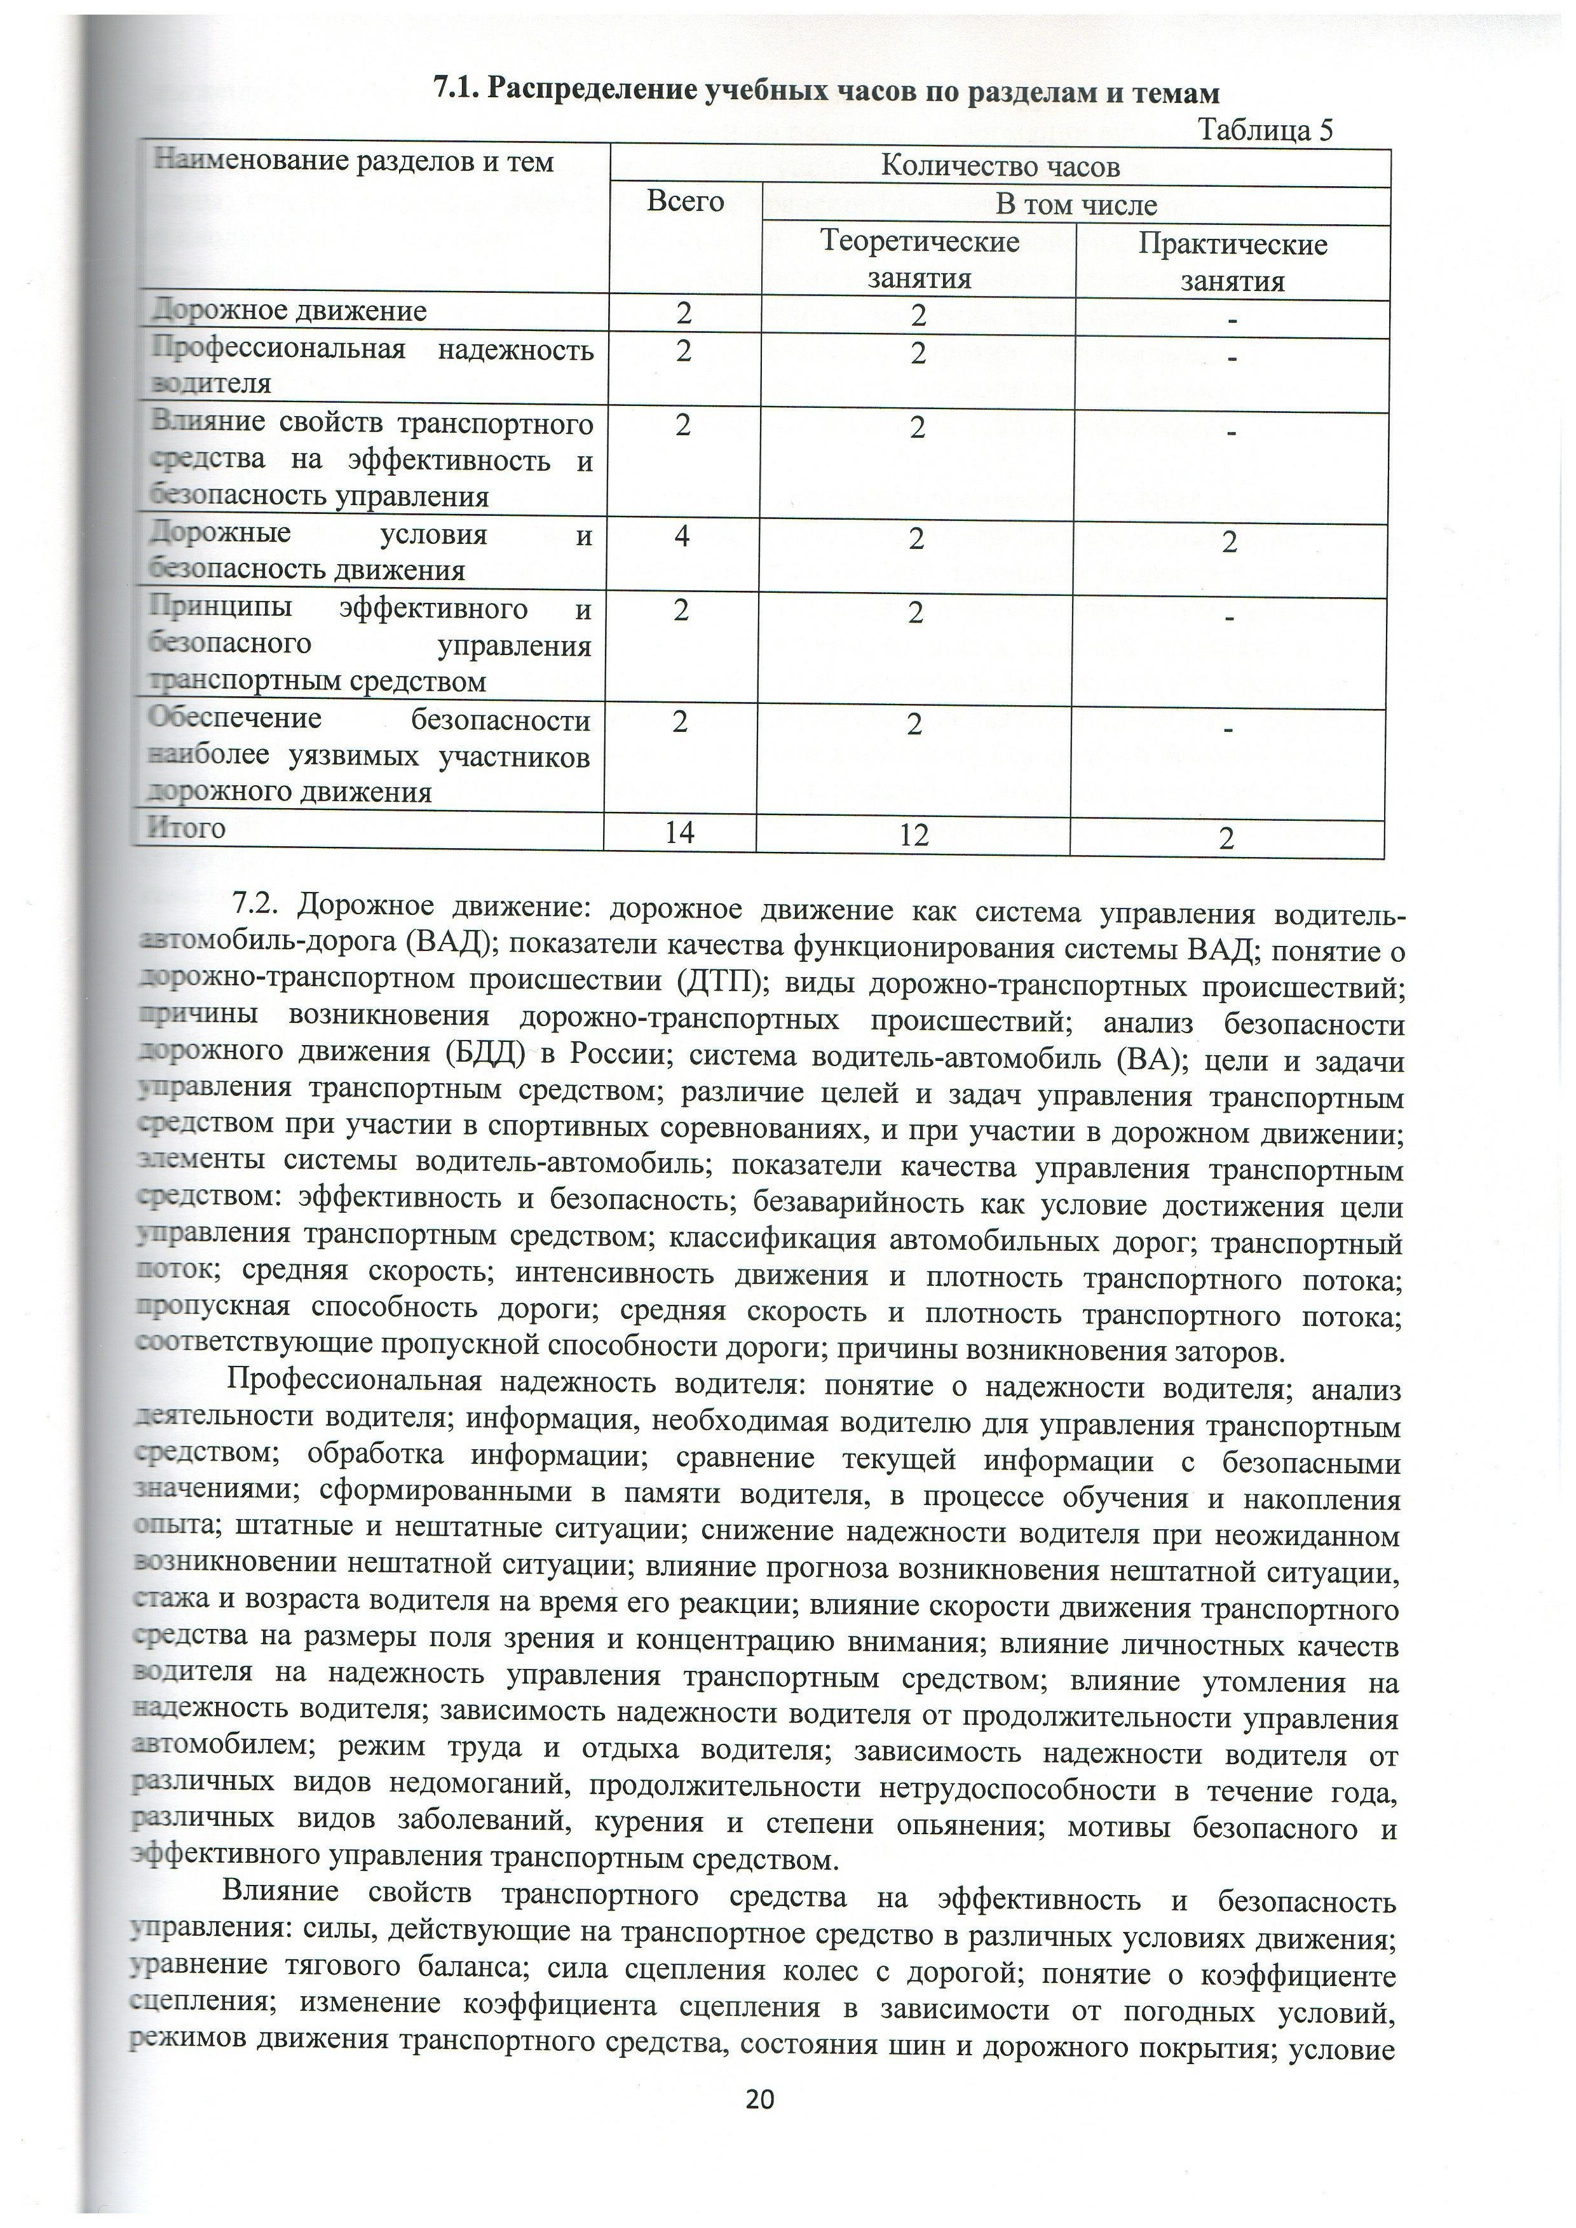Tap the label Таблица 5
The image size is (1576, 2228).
[1265, 130]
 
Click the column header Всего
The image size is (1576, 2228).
[685, 202]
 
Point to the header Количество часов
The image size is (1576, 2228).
[1000, 167]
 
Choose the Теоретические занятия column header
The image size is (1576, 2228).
[919, 260]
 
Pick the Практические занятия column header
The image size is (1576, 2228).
[1232, 262]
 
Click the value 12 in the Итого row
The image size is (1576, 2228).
[913, 835]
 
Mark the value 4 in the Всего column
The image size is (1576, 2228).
[683, 536]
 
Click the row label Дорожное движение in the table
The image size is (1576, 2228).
[289, 311]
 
